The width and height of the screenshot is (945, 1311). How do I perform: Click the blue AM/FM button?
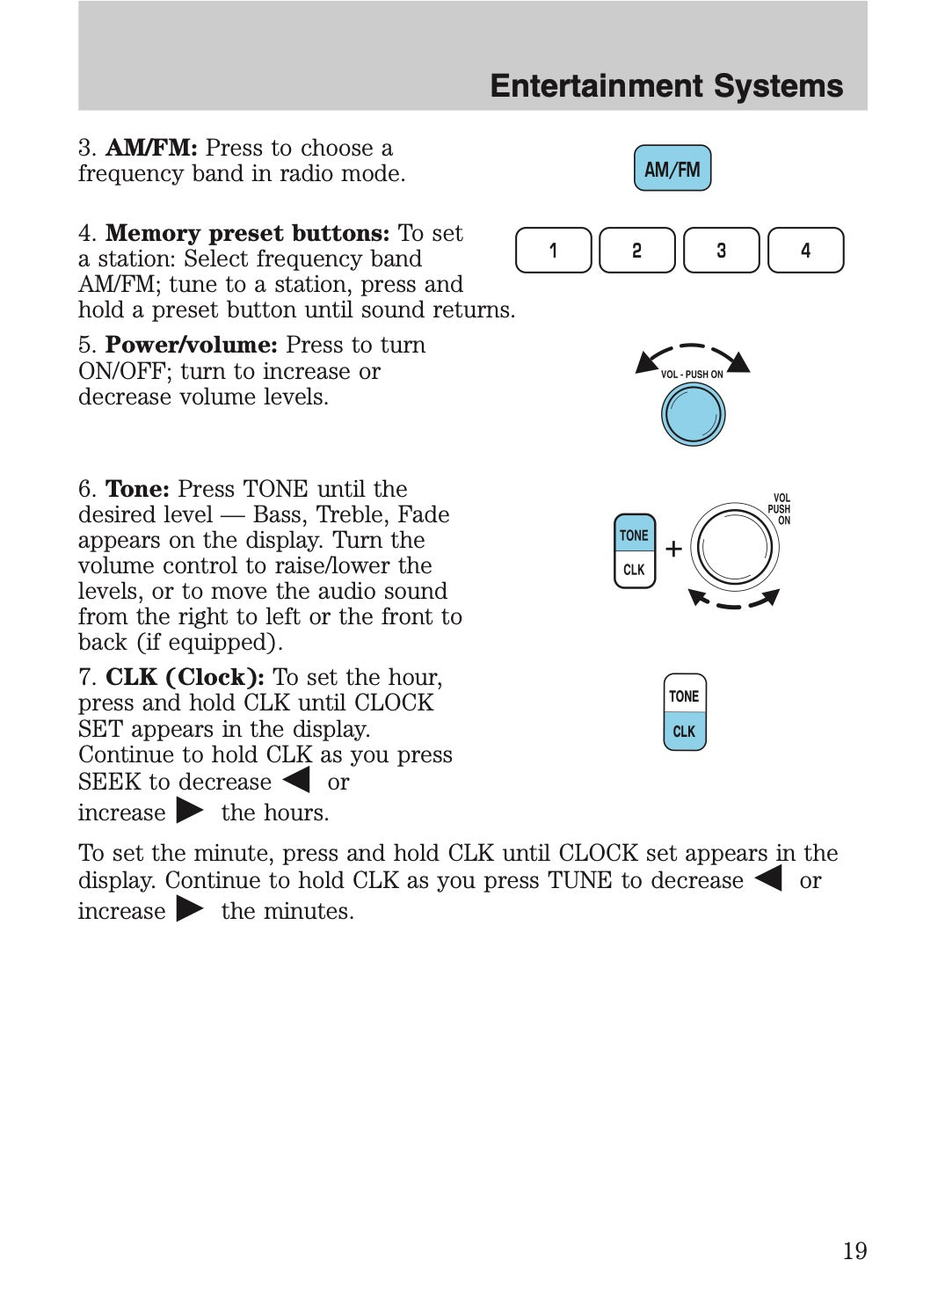[672, 169]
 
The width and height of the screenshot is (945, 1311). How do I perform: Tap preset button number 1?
[553, 251]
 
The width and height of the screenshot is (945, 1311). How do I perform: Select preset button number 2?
[636, 251]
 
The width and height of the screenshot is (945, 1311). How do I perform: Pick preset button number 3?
[721, 251]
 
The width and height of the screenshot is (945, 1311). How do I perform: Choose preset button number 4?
[805, 251]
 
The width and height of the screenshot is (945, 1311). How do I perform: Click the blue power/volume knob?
[693, 414]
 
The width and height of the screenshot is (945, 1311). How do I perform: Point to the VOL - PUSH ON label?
[692, 375]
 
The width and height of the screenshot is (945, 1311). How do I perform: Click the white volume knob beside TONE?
[734, 547]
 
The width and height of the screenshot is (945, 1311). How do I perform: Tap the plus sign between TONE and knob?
[673, 550]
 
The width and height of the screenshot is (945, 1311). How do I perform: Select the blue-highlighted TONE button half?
[634, 535]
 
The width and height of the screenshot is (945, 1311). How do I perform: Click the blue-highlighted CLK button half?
[684, 732]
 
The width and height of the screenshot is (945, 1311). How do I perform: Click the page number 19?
[854, 1250]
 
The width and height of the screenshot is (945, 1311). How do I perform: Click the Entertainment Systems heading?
[666, 86]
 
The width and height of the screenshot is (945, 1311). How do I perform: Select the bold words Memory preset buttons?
[247, 233]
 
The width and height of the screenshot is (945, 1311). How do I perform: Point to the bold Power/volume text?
[191, 345]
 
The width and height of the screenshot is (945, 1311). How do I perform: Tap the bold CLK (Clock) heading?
[185, 677]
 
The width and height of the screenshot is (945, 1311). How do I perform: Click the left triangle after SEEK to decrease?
[297, 780]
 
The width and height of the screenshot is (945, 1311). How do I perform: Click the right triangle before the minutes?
[190, 908]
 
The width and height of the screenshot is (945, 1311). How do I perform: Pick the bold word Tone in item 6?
[137, 489]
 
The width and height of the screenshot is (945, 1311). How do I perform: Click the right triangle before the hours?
[190, 810]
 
